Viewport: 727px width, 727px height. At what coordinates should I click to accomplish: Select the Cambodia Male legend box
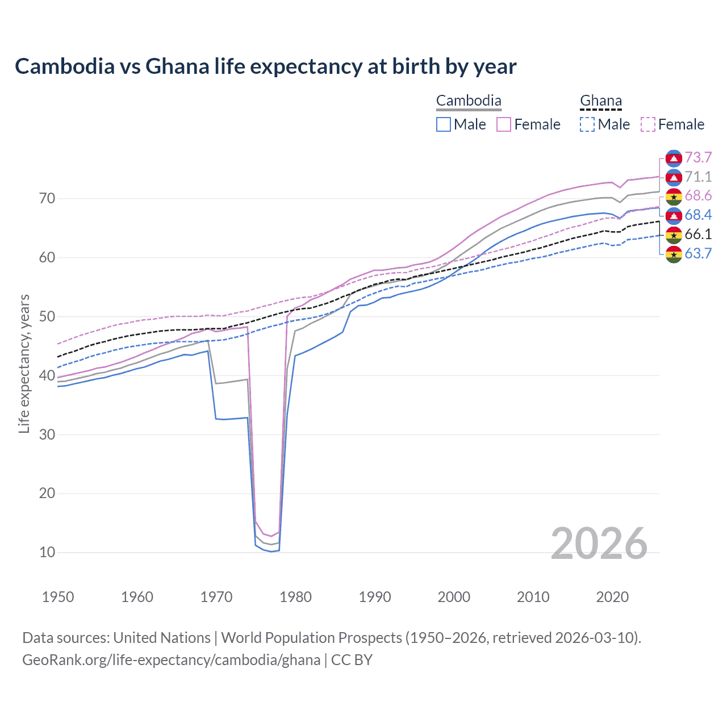point(444,124)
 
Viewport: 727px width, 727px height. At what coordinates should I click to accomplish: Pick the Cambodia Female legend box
point(504,124)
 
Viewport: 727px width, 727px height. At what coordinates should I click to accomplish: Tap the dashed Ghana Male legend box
point(587,124)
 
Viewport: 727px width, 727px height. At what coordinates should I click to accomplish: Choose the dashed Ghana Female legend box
point(648,124)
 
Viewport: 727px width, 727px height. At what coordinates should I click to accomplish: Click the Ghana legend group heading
point(601,101)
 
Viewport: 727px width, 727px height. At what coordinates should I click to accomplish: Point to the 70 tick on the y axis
point(47,198)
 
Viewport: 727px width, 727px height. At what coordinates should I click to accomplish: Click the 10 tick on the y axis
point(47,552)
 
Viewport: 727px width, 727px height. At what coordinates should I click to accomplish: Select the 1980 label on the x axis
point(295,597)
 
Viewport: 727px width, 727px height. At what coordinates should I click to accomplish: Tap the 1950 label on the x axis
point(58,597)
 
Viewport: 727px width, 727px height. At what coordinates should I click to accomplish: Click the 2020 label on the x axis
point(612,597)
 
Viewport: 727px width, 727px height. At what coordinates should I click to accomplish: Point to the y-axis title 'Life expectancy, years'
point(24,363)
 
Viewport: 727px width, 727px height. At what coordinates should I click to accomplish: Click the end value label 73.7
point(698,157)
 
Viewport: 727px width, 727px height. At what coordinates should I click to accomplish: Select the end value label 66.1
point(698,234)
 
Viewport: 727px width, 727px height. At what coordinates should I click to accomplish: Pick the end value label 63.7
point(698,253)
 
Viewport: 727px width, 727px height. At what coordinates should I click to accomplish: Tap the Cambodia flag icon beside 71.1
point(674,177)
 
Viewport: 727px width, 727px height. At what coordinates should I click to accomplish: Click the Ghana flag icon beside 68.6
point(674,197)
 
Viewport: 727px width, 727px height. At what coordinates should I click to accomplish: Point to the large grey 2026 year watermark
point(599,544)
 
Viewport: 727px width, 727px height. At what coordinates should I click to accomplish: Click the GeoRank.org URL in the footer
point(171,660)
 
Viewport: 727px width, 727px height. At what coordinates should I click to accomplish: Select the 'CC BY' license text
point(352,660)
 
